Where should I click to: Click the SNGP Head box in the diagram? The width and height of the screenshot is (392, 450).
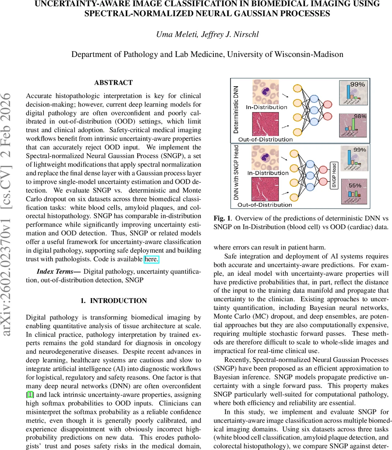(334, 175)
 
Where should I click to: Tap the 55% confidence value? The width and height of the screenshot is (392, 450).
(355, 186)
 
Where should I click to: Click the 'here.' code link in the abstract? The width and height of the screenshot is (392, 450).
(152, 259)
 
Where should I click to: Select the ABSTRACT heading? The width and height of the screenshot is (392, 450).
(113, 82)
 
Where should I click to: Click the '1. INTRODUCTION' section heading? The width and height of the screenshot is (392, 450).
(113, 301)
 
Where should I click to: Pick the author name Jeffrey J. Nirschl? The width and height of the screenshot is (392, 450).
(231, 34)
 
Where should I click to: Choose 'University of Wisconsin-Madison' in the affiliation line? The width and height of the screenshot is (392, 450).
(285, 54)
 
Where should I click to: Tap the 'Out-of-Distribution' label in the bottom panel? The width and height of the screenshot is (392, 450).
(265, 205)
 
